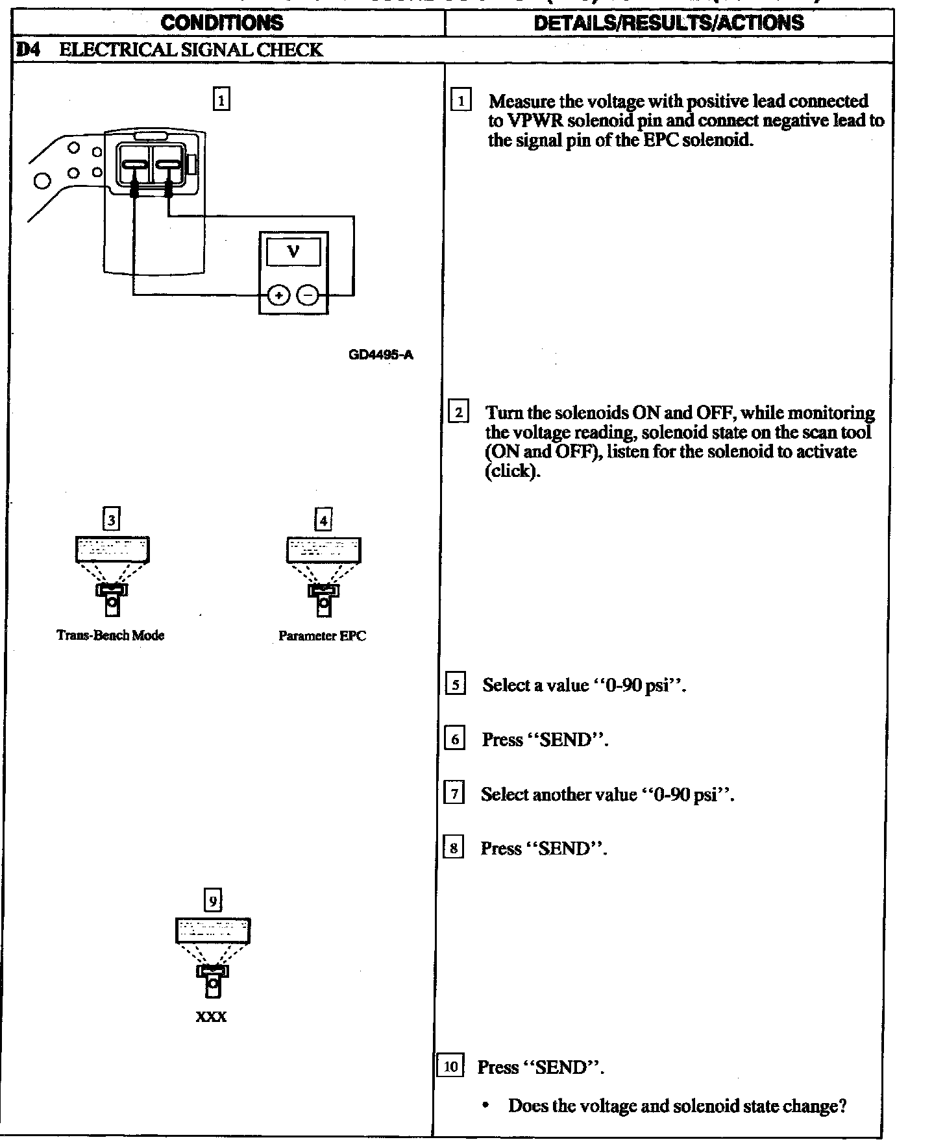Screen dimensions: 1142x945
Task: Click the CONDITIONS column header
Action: [x=222, y=23]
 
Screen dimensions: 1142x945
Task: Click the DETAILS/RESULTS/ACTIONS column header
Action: [x=669, y=23]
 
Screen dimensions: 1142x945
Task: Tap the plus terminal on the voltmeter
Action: [x=279, y=296]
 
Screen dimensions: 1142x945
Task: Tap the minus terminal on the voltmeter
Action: [x=308, y=296]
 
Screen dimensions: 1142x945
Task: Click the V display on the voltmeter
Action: [x=293, y=252]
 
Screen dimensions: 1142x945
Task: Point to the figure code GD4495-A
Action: [x=380, y=355]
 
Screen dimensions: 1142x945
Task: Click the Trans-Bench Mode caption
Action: [x=110, y=635]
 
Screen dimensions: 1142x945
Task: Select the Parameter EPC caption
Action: [x=322, y=636]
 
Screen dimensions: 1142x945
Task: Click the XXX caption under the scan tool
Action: [x=212, y=1017]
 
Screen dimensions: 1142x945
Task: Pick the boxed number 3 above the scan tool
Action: [x=112, y=520]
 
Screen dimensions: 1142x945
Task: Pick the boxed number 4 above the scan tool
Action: [x=323, y=520]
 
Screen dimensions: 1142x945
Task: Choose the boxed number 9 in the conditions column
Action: [x=213, y=901]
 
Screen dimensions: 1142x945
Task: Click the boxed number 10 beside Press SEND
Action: [x=450, y=1066]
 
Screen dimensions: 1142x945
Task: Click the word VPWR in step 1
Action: [x=526, y=121]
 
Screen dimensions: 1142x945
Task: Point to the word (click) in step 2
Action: [x=512, y=471]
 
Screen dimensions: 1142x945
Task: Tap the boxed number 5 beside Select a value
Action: [x=455, y=685]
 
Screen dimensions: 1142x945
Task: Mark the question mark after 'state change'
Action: [x=842, y=1106]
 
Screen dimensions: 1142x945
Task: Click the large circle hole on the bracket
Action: [x=42, y=180]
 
